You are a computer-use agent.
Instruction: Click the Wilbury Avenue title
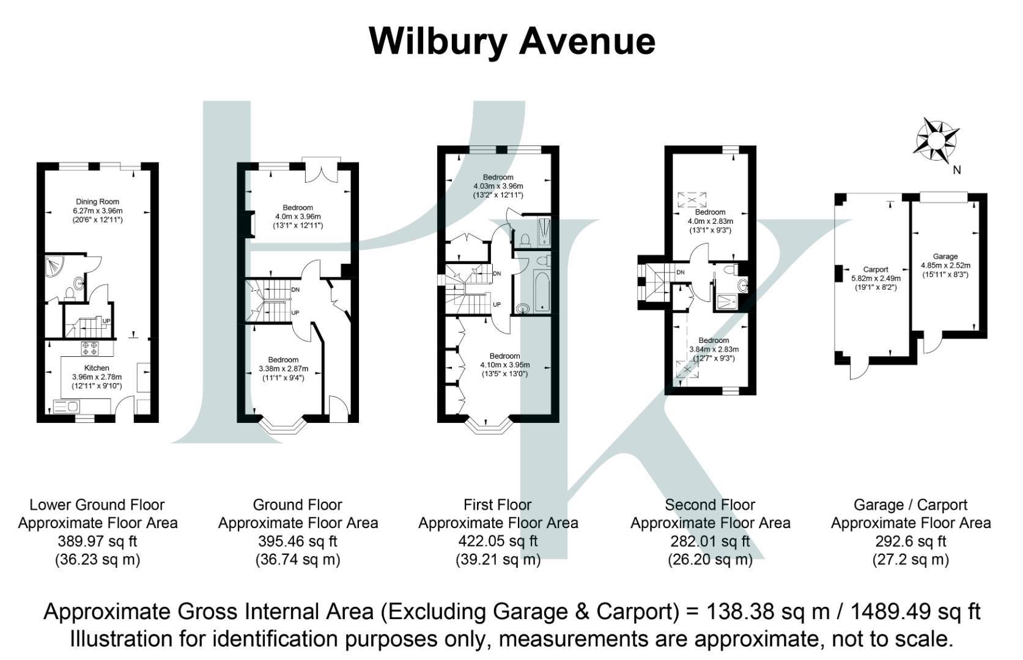point(512,41)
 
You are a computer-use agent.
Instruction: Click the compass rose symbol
point(936,141)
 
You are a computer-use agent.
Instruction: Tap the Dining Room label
point(97,202)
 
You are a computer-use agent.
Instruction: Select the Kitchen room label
point(97,368)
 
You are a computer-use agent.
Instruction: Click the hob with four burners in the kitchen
point(90,348)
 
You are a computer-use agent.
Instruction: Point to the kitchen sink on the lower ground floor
point(65,406)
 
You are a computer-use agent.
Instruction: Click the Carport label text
point(875,269)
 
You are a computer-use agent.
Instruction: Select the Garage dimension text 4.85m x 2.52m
point(945,265)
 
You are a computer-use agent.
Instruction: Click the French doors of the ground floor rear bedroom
point(322,171)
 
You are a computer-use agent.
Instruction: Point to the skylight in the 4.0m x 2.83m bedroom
point(692,199)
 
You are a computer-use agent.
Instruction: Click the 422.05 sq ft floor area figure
point(498,541)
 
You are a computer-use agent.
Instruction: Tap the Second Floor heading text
point(710,505)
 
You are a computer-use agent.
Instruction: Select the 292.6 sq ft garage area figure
point(910,541)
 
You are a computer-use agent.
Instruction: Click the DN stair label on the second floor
point(680,273)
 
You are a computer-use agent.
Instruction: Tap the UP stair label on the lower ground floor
point(106,321)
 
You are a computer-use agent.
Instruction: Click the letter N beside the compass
point(956,170)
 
